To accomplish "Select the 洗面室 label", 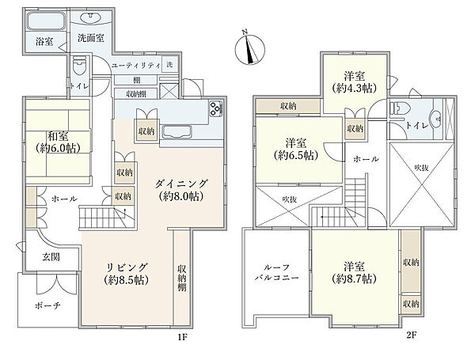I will coord(88,37).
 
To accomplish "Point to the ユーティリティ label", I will coord(136,65).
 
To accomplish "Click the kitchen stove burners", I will coord(216,109).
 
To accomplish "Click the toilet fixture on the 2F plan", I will coord(400,110).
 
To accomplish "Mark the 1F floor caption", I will coord(183,335).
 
